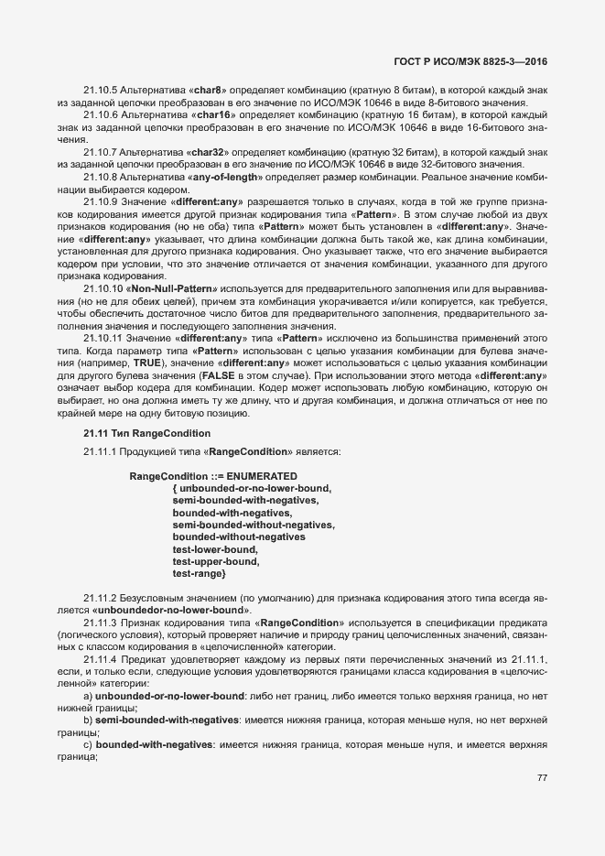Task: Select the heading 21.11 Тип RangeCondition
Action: point(135,432)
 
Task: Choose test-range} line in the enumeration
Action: point(199,574)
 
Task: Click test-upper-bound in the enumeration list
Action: point(216,561)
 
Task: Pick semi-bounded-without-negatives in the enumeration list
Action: point(254,525)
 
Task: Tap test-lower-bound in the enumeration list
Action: point(215,549)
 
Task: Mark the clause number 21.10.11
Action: point(104,338)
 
